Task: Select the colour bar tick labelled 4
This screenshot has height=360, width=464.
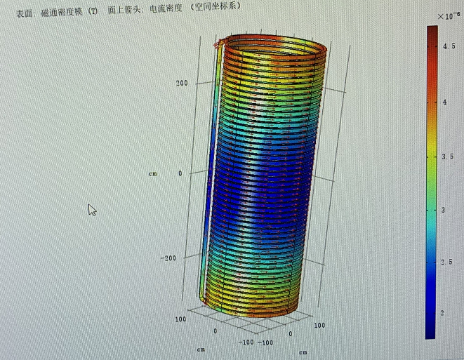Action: [445, 102]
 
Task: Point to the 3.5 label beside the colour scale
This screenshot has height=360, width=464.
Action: [448, 156]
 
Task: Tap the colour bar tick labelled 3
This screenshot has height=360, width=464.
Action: [443, 211]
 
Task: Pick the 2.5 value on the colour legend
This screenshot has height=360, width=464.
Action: [446, 262]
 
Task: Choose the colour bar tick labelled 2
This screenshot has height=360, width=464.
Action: [442, 313]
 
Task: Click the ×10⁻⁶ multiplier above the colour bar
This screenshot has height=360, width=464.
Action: [449, 15]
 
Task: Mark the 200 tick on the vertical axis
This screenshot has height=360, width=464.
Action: [182, 83]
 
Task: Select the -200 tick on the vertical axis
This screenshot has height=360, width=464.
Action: [168, 258]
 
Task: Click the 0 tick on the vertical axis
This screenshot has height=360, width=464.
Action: [180, 173]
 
